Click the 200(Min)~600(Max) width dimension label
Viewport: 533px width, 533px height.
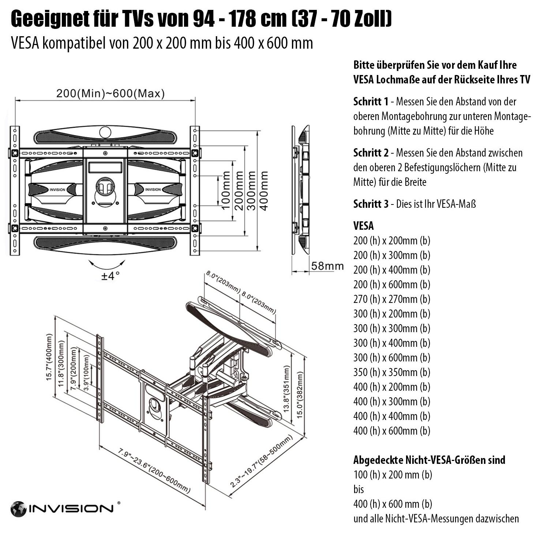point(110,94)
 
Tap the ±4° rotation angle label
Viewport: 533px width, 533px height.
point(110,275)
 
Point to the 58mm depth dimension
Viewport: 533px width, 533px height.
point(327,266)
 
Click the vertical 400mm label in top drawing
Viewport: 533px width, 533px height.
point(263,190)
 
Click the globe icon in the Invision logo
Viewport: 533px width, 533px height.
point(18,509)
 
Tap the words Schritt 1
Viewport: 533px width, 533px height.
point(371,101)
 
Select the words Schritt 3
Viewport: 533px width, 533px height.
point(371,204)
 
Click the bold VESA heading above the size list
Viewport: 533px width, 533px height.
point(363,226)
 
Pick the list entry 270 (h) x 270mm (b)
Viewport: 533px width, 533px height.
point(391,299)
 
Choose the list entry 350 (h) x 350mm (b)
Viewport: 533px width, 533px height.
point(391,372)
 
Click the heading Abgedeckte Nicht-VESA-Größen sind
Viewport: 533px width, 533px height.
point(429,460)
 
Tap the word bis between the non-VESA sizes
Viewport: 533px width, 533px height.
point(359,489)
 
